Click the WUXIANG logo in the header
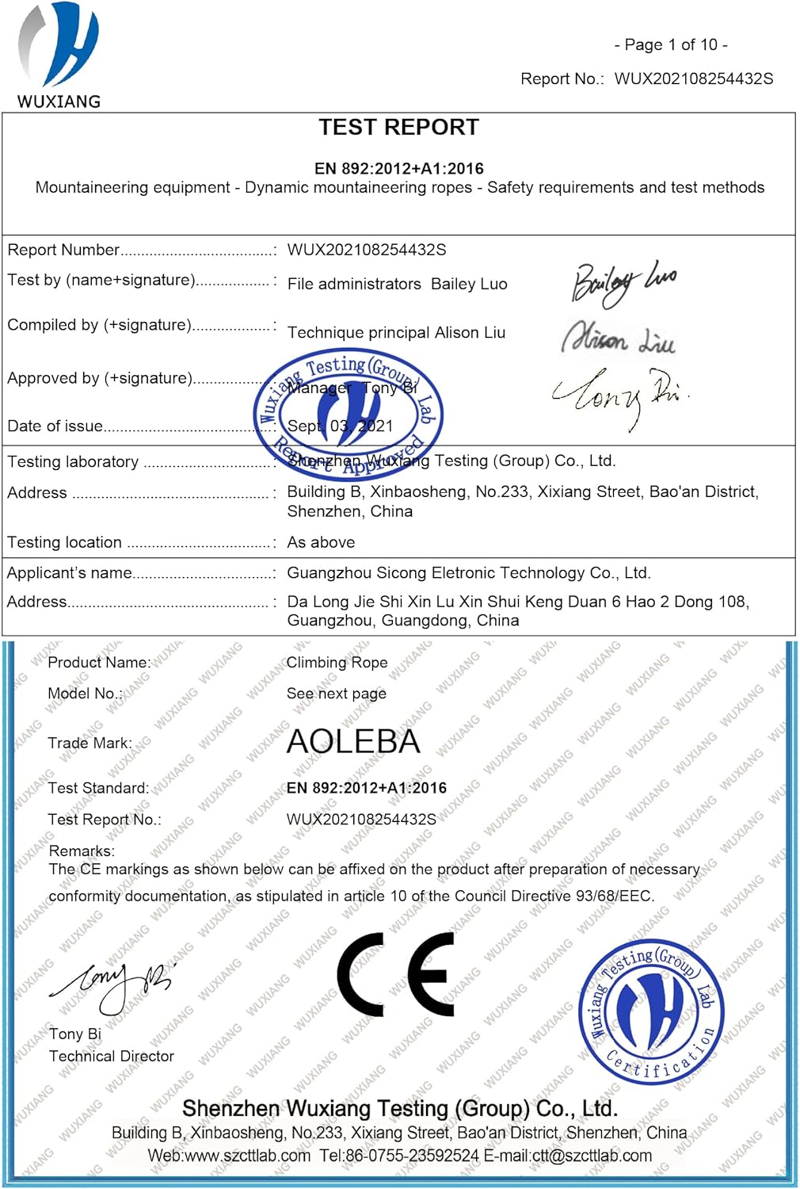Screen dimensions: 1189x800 pos(59,55)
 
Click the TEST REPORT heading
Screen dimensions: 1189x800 pos(398,128)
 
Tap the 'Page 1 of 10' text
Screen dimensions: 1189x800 pos(671,45)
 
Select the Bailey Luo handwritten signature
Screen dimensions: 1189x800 pos(623,283)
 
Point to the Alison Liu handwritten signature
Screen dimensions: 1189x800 pos(619,338)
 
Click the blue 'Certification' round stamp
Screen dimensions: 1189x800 pos(651,1009)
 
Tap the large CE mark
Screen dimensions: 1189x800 pos(396,974)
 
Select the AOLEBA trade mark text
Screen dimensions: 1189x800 pos(353,742)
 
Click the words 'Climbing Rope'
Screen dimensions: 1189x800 pos(337,663)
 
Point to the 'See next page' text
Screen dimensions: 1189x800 pos(337,694)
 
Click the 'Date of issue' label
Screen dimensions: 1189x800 pos(55,426)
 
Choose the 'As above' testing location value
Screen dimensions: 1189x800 pos(321,543)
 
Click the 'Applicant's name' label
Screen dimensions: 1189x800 pos(70,573)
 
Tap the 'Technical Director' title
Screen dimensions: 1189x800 pos(112,1057)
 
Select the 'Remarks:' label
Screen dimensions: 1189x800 pos(82,851)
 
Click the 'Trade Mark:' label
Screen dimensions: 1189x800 pos(90,744)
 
